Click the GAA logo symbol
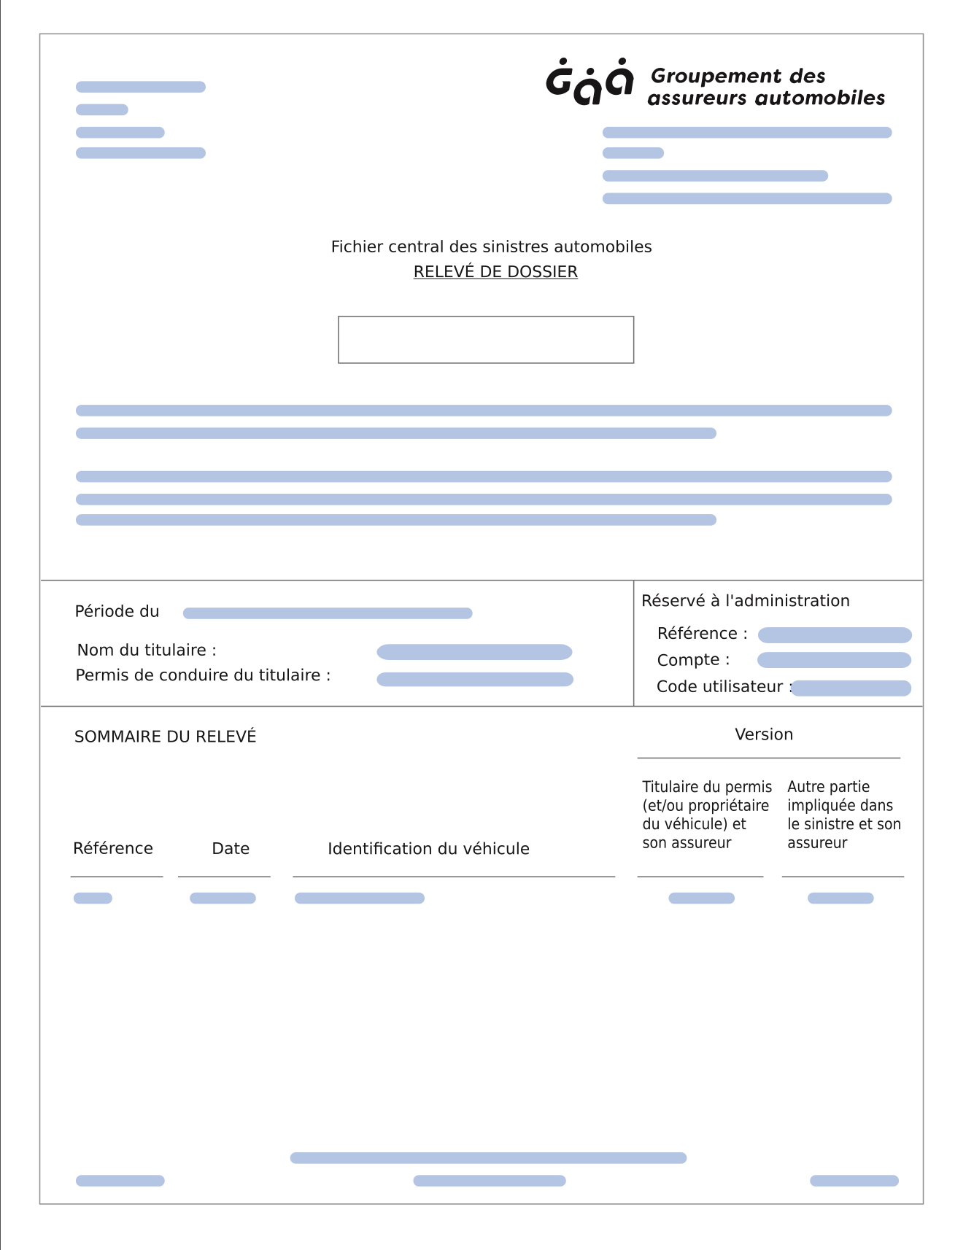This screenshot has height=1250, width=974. click(590, 82)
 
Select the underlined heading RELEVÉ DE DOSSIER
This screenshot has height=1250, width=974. click(495, 272)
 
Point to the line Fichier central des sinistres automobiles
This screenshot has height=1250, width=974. click(491, 246)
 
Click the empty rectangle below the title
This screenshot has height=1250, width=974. click(486, 340)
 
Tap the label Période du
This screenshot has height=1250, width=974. click(117, 611)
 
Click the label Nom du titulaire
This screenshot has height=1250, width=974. click(147, 650)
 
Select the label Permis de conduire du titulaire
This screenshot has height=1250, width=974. click(203, 675)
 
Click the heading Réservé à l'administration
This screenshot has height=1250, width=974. click(745, 601)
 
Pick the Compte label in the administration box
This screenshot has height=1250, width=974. click(693, 660)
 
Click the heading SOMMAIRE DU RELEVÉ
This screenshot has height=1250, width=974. click(166, 737)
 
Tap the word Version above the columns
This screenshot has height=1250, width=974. click(763, 734)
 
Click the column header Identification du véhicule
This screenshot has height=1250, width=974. click(428, 849)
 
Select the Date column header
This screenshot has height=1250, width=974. click(231, 849)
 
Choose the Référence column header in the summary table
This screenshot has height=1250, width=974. click(113, 849)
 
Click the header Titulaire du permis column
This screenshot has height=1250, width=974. click(706, 815)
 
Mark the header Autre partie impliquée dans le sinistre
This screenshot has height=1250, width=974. click(843, 815)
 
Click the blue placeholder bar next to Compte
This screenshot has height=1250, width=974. click(834, 660)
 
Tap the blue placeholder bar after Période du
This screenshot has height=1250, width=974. click(328, 613)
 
